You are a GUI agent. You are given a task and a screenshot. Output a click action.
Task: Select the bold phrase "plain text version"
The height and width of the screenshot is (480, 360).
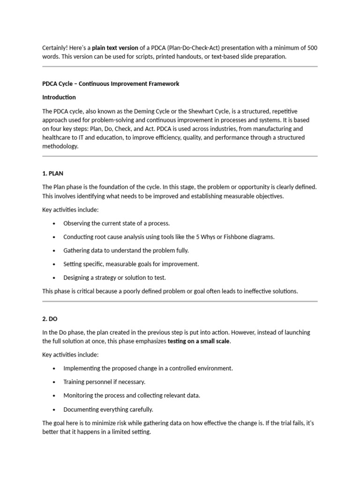tap(115, 47)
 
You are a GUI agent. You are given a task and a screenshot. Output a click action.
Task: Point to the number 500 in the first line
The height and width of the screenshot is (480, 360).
tap(311, 47)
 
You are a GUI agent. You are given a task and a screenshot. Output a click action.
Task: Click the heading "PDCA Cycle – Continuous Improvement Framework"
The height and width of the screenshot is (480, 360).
tap(111, 84)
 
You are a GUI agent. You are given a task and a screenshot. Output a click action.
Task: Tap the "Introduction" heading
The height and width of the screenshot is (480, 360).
tap(59, 97)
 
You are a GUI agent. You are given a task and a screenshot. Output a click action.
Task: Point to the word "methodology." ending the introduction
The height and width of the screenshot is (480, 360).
tap(60, 146)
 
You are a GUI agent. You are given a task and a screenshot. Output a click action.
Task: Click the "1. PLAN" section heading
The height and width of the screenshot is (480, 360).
tap(52, 173)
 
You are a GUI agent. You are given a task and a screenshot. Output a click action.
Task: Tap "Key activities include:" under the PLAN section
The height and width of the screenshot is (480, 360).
tap(70, 210)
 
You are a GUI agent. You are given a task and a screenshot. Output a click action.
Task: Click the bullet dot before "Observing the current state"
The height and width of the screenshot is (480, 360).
tap(55, 224)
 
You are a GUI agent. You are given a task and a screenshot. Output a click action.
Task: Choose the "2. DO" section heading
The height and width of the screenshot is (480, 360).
tap(49, 319)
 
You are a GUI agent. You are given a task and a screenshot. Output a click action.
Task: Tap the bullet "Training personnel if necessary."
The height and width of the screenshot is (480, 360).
tap(104, 382)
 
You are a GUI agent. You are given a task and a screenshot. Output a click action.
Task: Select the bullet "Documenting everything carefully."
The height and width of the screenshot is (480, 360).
tap(108, 409)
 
